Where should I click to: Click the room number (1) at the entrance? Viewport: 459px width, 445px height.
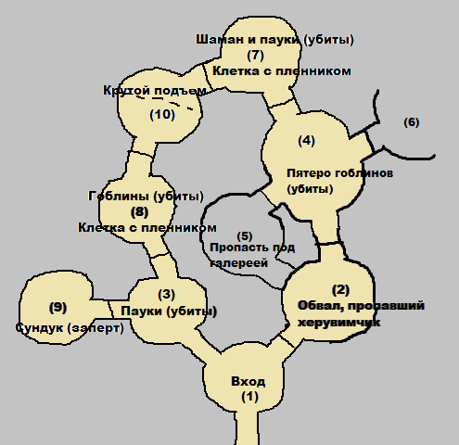pyautogui.click(x=249, y=397)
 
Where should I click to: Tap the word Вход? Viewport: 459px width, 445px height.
pyautogui.click(x=249, y=382)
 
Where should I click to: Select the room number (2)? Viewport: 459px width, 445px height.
pyautogui.click(x=340, y=290)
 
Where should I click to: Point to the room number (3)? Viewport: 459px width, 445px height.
pyautogui.click(x=167, y=295)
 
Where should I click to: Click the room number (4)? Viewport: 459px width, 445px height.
pyautogui.click(x=307, y=141)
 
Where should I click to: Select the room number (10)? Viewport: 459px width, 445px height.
pyautogui.click(x=162, y=115)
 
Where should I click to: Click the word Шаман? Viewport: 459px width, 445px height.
pyautogui.click(x=215, y=40)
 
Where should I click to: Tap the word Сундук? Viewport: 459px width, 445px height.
pyautogui.click(x=39, y=328)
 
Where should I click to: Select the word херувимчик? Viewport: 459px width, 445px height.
pyautogui.click(x=338, y=323)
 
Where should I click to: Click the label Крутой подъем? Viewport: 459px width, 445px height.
pyautogui.click(x=155, y=91)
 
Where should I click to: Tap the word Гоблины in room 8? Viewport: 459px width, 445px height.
pyautogui.click(x=119, y=197)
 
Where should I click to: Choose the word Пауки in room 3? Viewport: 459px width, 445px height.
pyautogui.click(x=142, y=311)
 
